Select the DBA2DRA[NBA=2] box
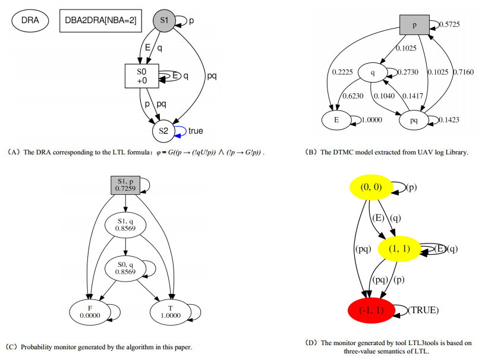click(x=100, y=20)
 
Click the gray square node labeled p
click(x=415, y=25)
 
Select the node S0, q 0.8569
click(x=126, y=268)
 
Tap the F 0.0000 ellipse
click(x=90, y=312)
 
